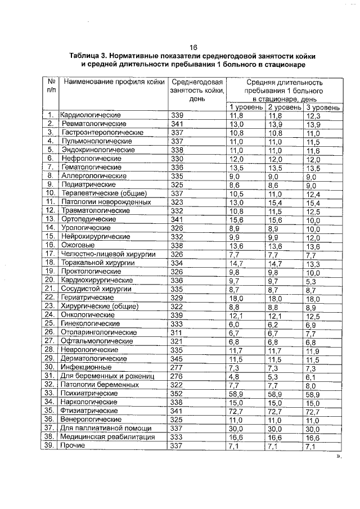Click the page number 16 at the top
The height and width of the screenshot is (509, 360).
point(193,47)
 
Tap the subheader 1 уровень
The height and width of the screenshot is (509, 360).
point(246,107)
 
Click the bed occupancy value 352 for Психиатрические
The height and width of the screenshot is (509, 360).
point(177,393)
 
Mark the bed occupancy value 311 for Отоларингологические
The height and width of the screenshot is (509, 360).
point(177,332)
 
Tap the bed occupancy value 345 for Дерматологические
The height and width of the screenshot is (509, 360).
point(177,358)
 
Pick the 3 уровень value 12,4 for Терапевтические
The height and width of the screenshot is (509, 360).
point(313,193)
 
